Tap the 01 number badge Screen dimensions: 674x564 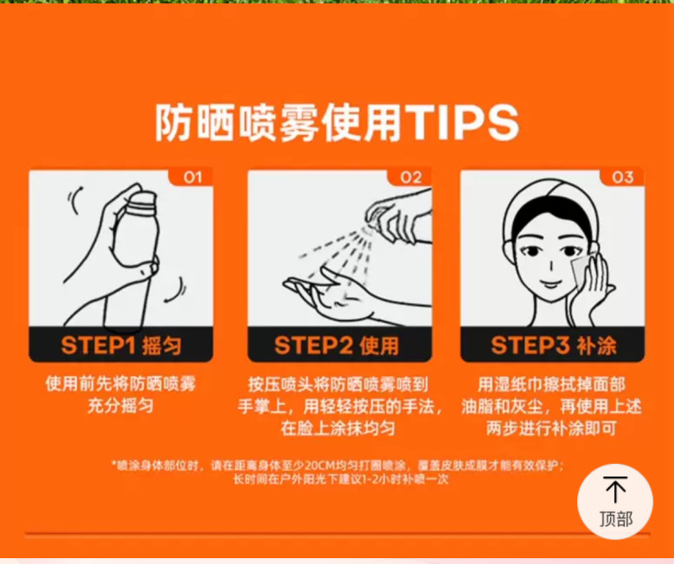click(192, 177)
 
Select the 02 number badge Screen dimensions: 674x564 click(410, 177)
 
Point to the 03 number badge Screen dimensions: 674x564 click(623, 177)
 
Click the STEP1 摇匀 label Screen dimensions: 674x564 click(121, 346)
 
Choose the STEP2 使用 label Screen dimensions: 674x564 click(336, 346)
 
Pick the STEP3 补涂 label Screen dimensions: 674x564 click(554, 346)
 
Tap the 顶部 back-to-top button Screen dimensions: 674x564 click(615, 501)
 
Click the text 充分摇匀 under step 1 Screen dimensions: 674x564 click(120, 406)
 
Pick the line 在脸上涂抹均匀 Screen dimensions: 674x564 click(338, 428)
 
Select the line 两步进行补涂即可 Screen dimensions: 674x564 click(552, 428)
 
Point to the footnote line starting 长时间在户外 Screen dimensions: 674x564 click(341, 479)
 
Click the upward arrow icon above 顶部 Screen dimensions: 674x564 click(615, 490)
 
